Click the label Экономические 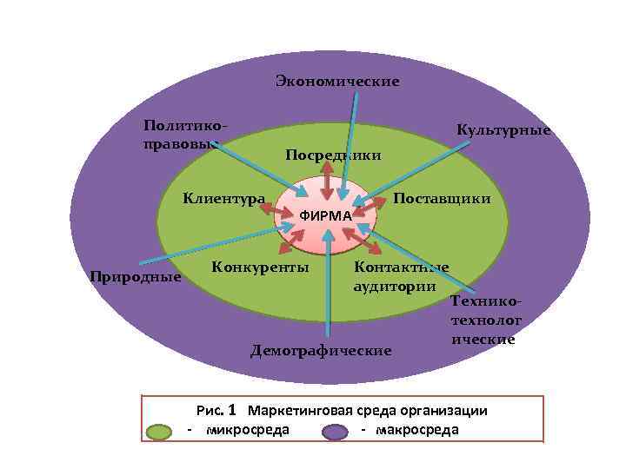(337, 82)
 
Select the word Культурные (504, 130)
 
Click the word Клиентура (223, 198)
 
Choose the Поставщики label (442, 198)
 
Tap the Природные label (135, 277)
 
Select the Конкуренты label (260, 267)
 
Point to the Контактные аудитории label (401, 275)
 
